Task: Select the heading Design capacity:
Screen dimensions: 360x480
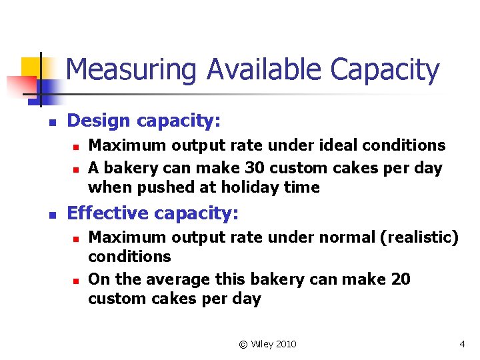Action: pyautogui.click(x=144, y=121)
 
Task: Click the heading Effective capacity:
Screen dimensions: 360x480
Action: pyautogui.click(x=153, y=213)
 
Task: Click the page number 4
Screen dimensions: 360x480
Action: pyautogui.click(x=462, y=344)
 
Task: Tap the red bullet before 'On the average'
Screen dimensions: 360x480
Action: pyautogui.click(x=77, y=280)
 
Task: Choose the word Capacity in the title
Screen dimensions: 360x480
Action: pyautogui.click(x=385, y=70)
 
